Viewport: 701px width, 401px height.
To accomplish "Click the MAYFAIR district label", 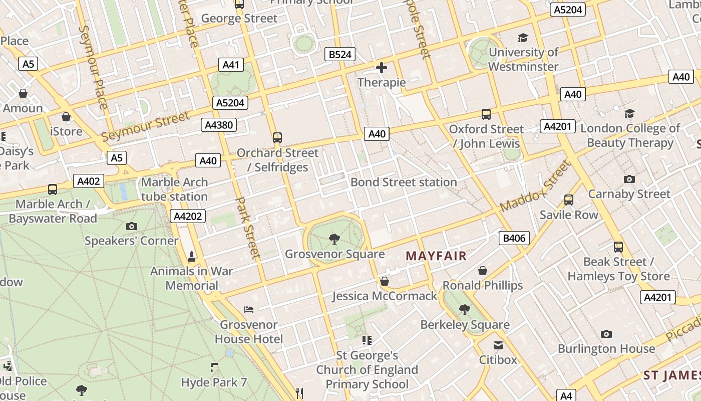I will point(436,256).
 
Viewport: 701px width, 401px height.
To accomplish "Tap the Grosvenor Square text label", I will point(334,254).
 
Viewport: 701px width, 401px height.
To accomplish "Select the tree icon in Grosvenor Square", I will point(334,239).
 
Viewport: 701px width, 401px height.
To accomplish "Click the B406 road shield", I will point(514,238).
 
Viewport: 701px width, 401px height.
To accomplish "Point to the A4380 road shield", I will point(219,125).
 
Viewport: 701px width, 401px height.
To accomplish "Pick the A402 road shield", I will point(88,181).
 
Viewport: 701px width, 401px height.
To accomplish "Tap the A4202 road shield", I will point(188,217).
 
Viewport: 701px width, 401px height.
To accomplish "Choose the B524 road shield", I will point(340,54).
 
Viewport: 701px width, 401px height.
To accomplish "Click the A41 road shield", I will point(231,65).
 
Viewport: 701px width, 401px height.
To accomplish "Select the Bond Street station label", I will point(404,182).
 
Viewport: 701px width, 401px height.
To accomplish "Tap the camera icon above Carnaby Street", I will point(629,179).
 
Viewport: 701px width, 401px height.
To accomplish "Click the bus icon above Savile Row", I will point(569,200).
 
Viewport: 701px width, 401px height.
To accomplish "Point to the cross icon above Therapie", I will point(382,68).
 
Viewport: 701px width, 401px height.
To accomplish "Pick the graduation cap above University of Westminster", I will point(523,38).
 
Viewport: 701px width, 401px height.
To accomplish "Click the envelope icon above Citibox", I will point(498,345).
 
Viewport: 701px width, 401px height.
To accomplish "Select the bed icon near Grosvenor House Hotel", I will point(249,309).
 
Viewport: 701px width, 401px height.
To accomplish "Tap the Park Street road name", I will point(248,228).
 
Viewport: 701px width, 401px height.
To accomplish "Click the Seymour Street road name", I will point(145,126).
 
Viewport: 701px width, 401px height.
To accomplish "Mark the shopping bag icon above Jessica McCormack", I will point(385,281).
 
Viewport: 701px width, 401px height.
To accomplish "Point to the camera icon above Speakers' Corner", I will point(132,226).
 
